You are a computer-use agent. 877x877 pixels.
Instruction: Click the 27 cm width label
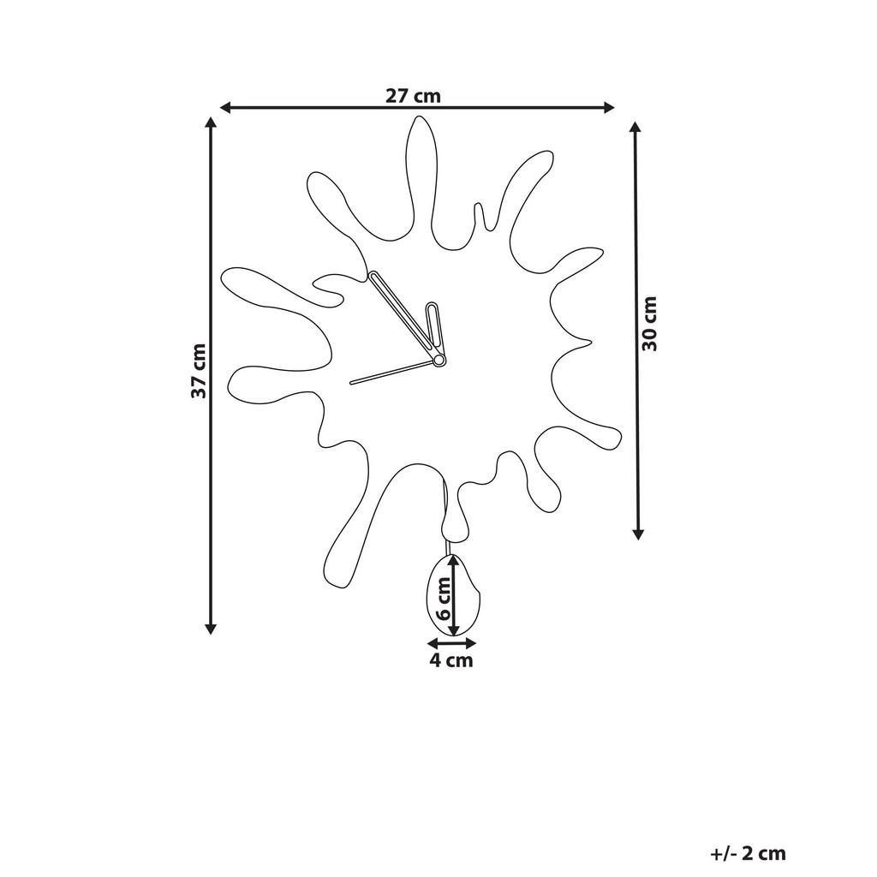[x=413, y=95]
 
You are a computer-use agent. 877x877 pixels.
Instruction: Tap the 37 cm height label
[x=199, y=372]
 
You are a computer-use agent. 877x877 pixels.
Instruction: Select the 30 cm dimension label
[x=650, y=324]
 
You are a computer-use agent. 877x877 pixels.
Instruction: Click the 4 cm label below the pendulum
[x=450, y=660]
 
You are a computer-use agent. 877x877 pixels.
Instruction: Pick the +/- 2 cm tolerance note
[x=748, y=853]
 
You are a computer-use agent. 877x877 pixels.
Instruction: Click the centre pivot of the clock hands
[x=438, y=361]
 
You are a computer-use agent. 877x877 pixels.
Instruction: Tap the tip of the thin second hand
[x=351, y=382]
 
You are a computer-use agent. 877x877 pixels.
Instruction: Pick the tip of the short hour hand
[x=433, y=306]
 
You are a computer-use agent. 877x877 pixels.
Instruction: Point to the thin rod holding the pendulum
[x=447, y=546]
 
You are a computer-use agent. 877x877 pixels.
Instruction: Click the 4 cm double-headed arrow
[x=451, y=642]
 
